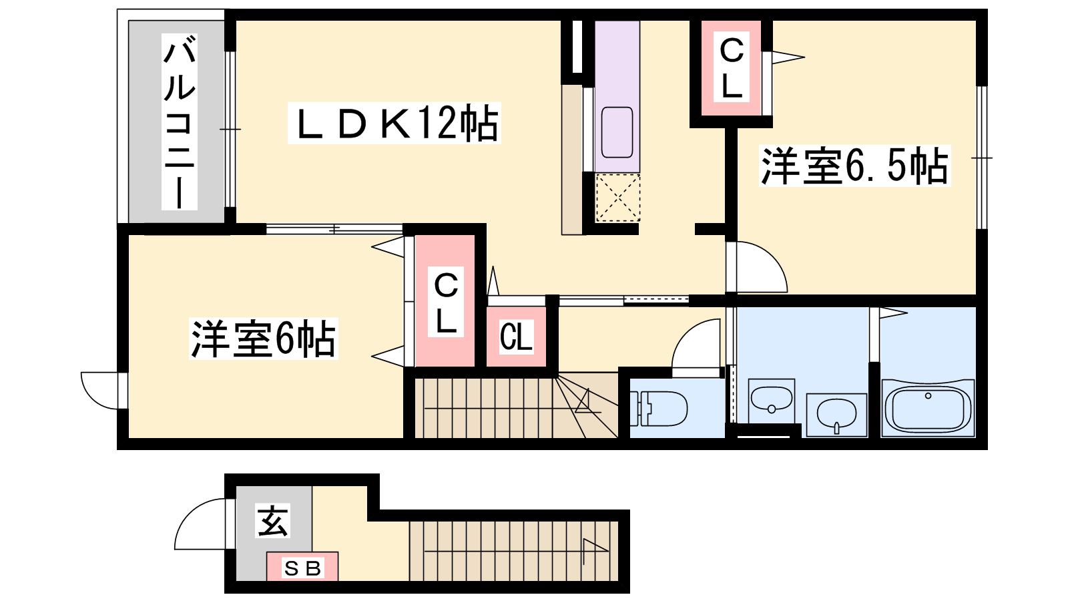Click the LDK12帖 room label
click(394, 123)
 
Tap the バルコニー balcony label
click(180, 122)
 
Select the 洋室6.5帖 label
click(855, 166)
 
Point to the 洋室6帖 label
click(263, 338)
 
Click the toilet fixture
click(658, 408)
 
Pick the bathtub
click(928, 408)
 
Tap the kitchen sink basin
click(617, 132)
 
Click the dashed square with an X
click(618, 198)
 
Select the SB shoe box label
click(302, 568)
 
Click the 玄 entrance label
click(272, 520)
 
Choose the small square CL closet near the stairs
click(516, 337)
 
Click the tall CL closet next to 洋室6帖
click(445, 301)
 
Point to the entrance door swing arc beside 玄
click(200, 524)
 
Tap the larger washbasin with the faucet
click(836, 415)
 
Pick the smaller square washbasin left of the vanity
click(772, 401)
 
